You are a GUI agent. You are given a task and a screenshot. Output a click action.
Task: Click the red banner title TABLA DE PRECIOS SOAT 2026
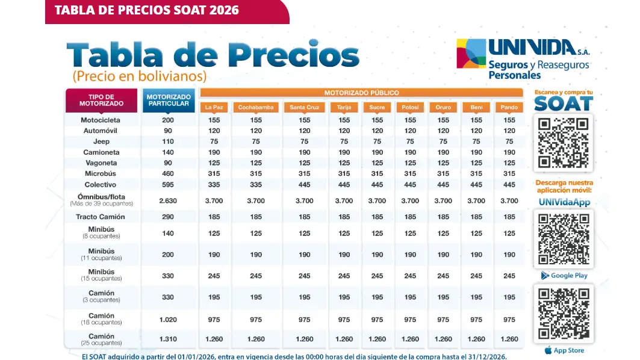coord(146,10)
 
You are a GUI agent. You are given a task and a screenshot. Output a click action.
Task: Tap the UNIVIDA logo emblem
coord(471,54)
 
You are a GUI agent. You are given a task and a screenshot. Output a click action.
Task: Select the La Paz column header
coord(215,108)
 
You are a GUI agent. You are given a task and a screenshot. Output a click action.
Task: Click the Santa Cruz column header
coord(305,108)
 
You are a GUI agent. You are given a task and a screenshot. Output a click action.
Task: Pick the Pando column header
coord(509,108)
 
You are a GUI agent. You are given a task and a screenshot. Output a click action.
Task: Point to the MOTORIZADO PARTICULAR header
coord(168,100)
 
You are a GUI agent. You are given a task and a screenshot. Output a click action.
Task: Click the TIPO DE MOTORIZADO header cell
coord(101,100)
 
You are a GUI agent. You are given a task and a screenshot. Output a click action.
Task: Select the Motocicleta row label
coord(101,120)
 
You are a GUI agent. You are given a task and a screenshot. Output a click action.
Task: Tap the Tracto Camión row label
coord(101,217)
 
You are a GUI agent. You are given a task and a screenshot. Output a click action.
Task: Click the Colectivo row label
coord(101,185)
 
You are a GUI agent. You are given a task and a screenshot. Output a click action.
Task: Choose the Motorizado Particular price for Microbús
coord(168,174)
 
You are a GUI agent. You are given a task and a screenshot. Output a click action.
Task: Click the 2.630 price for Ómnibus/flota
coord(168,201)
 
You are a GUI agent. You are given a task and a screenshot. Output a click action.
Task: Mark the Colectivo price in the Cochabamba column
coord(256,185)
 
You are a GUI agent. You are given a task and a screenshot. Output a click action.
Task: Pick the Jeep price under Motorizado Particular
coord(168,141)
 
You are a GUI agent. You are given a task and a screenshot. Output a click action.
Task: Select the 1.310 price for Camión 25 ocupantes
coord(168,339)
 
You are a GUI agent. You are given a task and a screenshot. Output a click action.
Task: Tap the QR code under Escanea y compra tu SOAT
coord(564,143)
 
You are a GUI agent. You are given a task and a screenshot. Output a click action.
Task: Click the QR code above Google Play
coord(564,239)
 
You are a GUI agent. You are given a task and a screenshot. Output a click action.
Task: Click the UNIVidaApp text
coord(564,202)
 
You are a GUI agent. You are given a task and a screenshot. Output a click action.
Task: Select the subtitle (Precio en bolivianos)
coord(139,76)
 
